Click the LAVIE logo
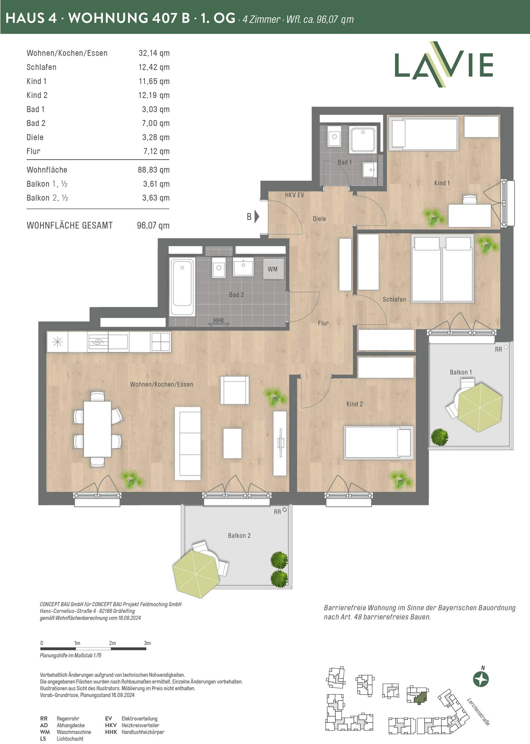point(443,64)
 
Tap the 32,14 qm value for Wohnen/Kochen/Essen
point(154,53)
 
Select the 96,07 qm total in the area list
point(153,226)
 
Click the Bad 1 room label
point(344,162)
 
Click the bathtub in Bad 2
point(182,287)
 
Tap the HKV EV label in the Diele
point(294,195)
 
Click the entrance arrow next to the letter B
point(257,216)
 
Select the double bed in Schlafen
point(442,268)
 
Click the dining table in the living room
point(97,429)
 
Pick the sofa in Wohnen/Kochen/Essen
point(188,443)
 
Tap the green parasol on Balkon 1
point(479,407)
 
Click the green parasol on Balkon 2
point(196,574)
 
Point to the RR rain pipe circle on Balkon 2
point(284,509)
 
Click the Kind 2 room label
point(355,404)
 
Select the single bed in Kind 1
point(424,134)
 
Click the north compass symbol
point(481,679)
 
